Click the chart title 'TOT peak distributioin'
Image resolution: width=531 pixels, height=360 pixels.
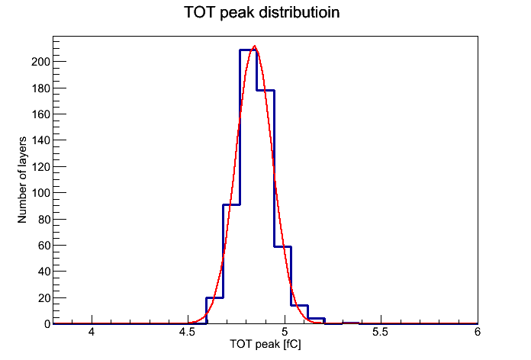262,12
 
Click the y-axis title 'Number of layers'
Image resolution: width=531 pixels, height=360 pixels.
22,180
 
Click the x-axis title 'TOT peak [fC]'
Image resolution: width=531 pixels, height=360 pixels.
265,345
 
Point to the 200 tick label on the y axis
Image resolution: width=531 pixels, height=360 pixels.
40,62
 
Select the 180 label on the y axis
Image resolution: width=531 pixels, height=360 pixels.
40,88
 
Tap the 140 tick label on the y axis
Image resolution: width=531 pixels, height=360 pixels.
40,140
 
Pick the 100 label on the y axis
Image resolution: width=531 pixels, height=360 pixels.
40,193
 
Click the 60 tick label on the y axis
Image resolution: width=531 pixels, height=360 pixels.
44,245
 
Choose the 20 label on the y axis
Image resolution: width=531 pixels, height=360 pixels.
44,297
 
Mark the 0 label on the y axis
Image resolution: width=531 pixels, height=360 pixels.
47,324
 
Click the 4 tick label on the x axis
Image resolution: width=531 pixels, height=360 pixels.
92,332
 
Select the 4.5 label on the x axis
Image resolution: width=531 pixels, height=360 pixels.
187,332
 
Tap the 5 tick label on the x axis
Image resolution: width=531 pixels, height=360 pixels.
285,332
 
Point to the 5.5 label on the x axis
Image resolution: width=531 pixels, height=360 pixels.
380,332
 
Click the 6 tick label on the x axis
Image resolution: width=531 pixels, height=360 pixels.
477,332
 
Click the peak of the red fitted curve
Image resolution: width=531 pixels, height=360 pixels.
254,46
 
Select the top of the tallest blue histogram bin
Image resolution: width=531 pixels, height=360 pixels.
248,50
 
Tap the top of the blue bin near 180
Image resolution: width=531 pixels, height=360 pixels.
265,91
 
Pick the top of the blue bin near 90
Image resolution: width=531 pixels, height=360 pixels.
231,204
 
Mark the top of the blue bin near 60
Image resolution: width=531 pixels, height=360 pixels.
282,246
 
